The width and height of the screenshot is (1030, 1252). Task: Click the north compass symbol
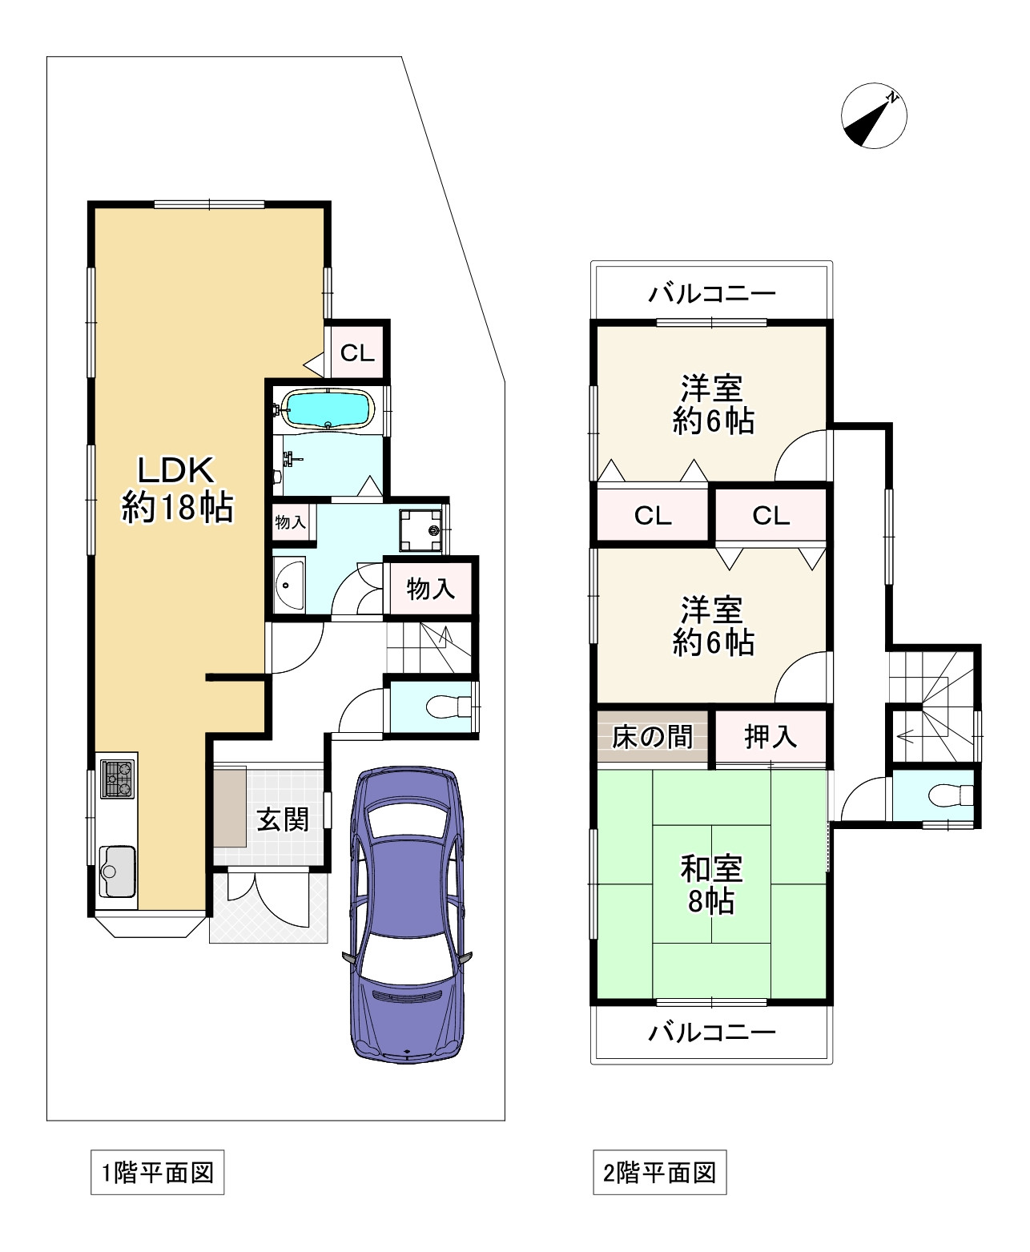click(x=874, y=115)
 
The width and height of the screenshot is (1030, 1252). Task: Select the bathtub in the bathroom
click(x=328, y=410)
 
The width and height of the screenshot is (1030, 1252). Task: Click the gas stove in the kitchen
click(x=117, y=778)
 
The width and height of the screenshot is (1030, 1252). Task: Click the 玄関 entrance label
click(x=282, y=819)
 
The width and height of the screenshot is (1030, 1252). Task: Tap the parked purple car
click(x=408, y=913)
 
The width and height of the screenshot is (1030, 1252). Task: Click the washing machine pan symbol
click(x=420, y=530)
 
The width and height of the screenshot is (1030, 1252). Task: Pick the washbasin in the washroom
click(x=288, y=584)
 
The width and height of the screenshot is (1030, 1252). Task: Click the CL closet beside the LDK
click(x=357, y=352)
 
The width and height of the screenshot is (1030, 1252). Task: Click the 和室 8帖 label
click(x=711, y=885)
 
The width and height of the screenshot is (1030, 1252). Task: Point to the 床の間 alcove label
click(x=652, y=736)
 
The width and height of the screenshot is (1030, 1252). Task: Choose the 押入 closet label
click(x=770, y=736)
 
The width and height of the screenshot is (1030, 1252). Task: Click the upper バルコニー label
click(x=711, y=294)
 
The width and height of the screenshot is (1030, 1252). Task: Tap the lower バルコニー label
click(x=711, y=1032)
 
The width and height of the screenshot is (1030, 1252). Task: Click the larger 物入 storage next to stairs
click(x=431, y=589)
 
